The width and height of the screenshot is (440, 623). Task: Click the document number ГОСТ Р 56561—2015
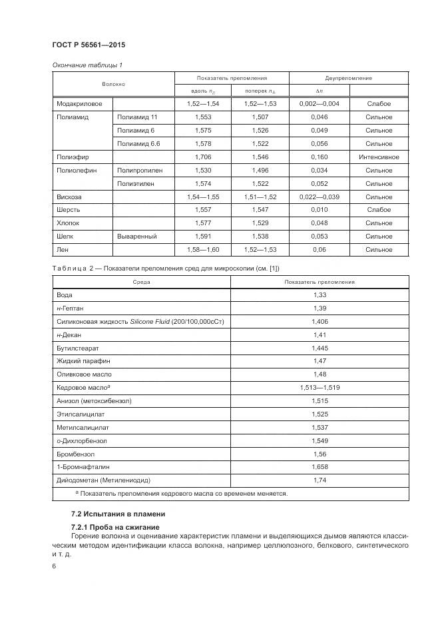click(89, 45)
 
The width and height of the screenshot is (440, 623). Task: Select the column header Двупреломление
click(348, 78)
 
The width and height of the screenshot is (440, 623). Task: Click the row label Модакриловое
click(75, 104)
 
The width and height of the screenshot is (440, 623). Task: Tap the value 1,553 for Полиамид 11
click(202, 117)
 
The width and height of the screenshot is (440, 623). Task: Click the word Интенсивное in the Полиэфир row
click(379, 157)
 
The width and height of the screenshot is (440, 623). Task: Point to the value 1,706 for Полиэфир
click(202, 157)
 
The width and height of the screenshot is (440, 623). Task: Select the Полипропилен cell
click(140, 171)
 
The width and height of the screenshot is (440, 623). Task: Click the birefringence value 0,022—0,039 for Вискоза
click(319, 197)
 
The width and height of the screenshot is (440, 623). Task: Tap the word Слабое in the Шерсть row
click(379, 210)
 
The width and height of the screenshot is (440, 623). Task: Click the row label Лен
click(64, 250)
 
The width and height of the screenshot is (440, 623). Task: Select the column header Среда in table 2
click(141, 282)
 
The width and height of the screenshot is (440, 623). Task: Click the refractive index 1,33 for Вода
click(319, 295)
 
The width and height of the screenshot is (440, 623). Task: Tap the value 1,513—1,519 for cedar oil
click(319, 387)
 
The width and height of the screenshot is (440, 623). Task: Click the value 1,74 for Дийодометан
click(319, 480)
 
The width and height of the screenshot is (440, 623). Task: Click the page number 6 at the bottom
click(54, 566)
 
